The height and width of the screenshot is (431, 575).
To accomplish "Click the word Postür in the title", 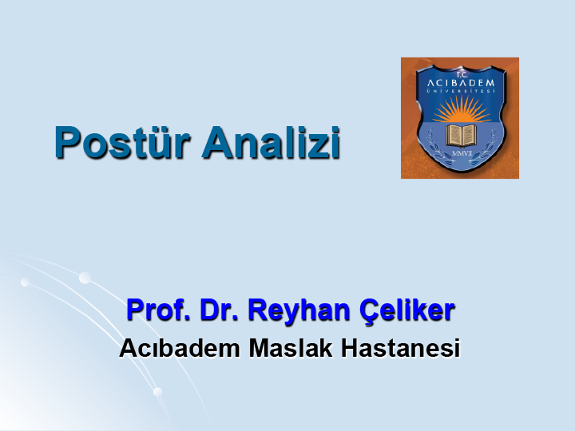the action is click(122, 142).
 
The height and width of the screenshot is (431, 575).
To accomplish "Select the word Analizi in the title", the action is click(272, 142).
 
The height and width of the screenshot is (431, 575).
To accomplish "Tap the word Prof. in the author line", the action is click(158, 310).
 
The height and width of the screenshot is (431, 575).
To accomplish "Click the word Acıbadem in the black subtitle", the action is click(180, 347).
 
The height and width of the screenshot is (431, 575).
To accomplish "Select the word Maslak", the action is click(291, 347).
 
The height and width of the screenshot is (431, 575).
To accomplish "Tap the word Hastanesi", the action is click(400, 347).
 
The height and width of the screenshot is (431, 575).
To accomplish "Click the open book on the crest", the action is click(462, 135).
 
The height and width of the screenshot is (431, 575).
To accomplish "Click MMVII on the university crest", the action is click(462, 153).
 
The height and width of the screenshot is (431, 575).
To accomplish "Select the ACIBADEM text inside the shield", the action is click(461, 83).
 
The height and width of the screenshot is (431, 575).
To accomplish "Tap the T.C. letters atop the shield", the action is click(462, 75).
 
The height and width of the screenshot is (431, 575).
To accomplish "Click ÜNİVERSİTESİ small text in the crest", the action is click(461, 90).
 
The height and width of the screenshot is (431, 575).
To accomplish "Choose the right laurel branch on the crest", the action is click(484, 148).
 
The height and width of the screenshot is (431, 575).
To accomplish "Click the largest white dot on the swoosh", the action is click(85, 278).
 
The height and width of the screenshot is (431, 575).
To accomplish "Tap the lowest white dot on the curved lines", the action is click(157, 392).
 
